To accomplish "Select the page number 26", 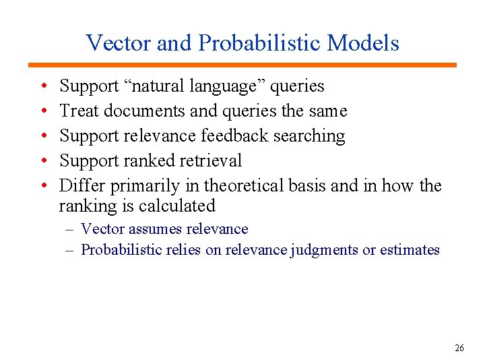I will tap(459, 348).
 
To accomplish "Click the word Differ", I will tap(82, 185).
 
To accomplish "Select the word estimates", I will tap(410, 250).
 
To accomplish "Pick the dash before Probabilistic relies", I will tap(70, 250).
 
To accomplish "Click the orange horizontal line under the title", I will tap(243, 65).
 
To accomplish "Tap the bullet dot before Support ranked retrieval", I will tap(43, 162).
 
